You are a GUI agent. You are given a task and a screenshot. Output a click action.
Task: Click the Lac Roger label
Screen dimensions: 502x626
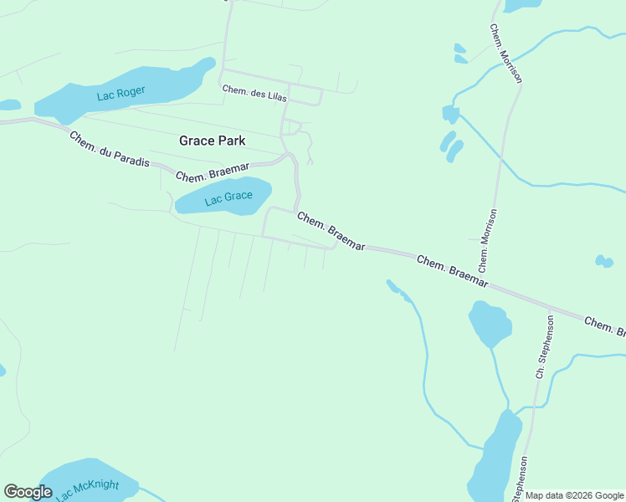(121, 93)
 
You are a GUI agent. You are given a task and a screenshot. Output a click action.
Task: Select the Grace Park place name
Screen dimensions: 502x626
(213, 141)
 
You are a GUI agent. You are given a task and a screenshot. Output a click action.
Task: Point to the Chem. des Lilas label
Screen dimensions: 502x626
(254, 93)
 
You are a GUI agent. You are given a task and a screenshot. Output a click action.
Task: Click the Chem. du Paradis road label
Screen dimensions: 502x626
(109, 149)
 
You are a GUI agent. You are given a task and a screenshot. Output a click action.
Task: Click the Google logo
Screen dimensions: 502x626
(28, 492)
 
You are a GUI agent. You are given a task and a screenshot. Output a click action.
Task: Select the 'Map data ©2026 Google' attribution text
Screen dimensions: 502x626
(574, 495)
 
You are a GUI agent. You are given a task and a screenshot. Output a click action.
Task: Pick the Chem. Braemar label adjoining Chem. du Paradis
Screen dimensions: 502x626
(213, 172)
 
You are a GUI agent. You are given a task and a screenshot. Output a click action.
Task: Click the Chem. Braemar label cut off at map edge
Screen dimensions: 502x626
(604, 327)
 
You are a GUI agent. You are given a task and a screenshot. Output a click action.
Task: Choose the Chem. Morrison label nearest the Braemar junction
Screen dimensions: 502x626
(489, 238)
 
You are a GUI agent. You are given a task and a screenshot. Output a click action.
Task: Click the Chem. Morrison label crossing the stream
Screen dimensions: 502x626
(505, 54)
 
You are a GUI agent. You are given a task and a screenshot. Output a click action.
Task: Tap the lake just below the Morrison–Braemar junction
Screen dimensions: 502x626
(490, 323)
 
